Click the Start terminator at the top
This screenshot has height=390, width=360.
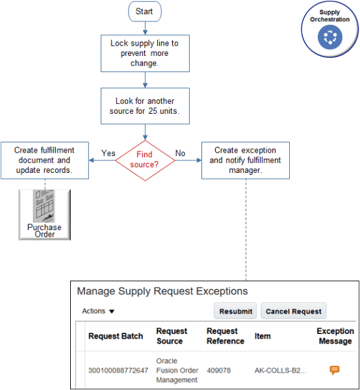pos(144,12)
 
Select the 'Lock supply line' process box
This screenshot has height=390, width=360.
pos(144,53)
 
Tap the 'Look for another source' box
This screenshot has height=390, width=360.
pos(144,106)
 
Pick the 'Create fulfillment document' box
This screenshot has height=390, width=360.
pos(44,160)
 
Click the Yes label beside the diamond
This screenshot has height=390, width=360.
pos(109,153)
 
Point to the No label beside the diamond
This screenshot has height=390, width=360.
pos(180,153)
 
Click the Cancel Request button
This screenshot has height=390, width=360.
pos(293,311)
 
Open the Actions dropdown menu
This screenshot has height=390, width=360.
pos(98,311)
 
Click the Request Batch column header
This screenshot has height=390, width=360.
pos(117,336)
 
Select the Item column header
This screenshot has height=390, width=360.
pos(262,336)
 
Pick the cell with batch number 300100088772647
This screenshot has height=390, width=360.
pos(118,370)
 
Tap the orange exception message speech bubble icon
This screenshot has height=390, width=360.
pos(335,370)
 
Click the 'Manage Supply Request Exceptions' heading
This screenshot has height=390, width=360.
pos(162,291)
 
